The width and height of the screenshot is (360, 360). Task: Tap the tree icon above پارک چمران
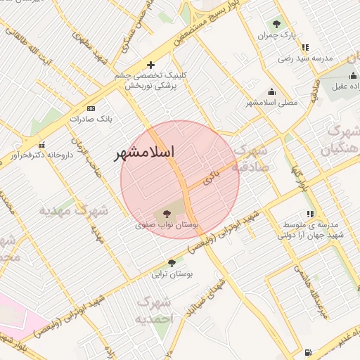276,23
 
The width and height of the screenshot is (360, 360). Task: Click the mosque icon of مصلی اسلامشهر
272,91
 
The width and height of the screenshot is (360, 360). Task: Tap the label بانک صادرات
91,119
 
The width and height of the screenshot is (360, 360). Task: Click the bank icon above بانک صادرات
91,108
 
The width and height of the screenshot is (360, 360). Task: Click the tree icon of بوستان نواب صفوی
167,213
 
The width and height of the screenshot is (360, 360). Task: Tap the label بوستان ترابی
172,274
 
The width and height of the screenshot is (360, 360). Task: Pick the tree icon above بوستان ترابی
172,263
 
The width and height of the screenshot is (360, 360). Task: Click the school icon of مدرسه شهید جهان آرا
310,214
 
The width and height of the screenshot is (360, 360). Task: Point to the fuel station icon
308,352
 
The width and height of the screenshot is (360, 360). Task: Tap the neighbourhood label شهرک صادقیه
251,159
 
